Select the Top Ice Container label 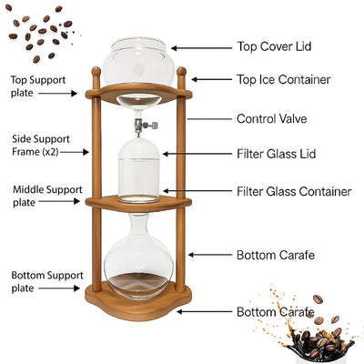[283, 80]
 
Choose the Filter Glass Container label [294, 192]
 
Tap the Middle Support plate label [38, 196]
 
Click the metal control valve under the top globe [140, 124]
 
